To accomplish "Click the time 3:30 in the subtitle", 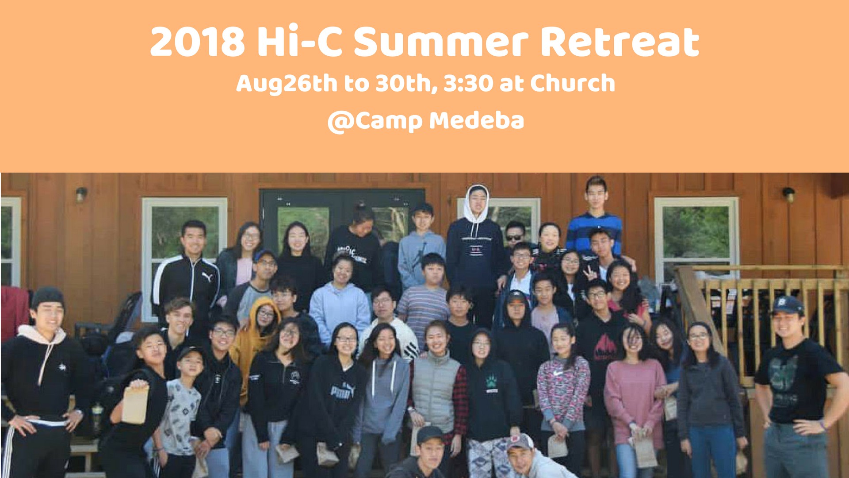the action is point(468,83).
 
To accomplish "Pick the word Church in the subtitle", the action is point(573,83).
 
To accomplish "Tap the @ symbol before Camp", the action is point(340,121).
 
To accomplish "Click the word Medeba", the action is point(476,120).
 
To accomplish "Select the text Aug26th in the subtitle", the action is point(287,84).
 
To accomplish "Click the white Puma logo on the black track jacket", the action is point(207,277).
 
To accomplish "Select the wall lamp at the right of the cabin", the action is point(788,194).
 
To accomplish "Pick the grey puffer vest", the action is point(436,389).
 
